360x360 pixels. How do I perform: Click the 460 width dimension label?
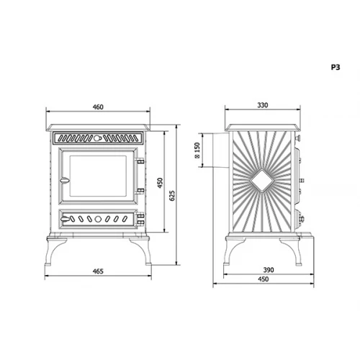tap(98, 107)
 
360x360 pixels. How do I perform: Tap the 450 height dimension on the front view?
tap(159, 182)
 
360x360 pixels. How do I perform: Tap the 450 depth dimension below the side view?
tap(266, 281)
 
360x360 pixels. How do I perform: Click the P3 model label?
tap(335, 66)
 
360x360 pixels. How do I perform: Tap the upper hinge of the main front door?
tap(140, 163)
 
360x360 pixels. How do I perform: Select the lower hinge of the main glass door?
tap(140, 190)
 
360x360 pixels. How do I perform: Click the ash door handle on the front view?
tap(65, 219)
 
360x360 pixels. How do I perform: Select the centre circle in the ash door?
tap(99, 219)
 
